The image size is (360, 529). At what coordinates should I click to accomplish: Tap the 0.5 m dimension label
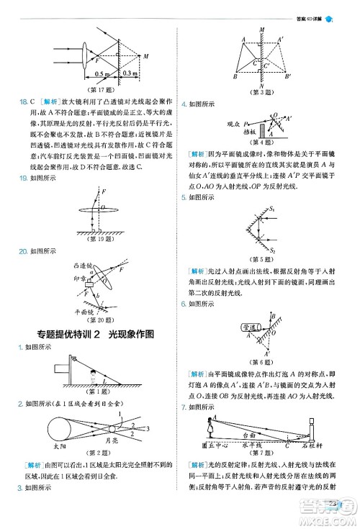(x=102, y=73)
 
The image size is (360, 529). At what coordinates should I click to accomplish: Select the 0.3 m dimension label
(x=130, y=73)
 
